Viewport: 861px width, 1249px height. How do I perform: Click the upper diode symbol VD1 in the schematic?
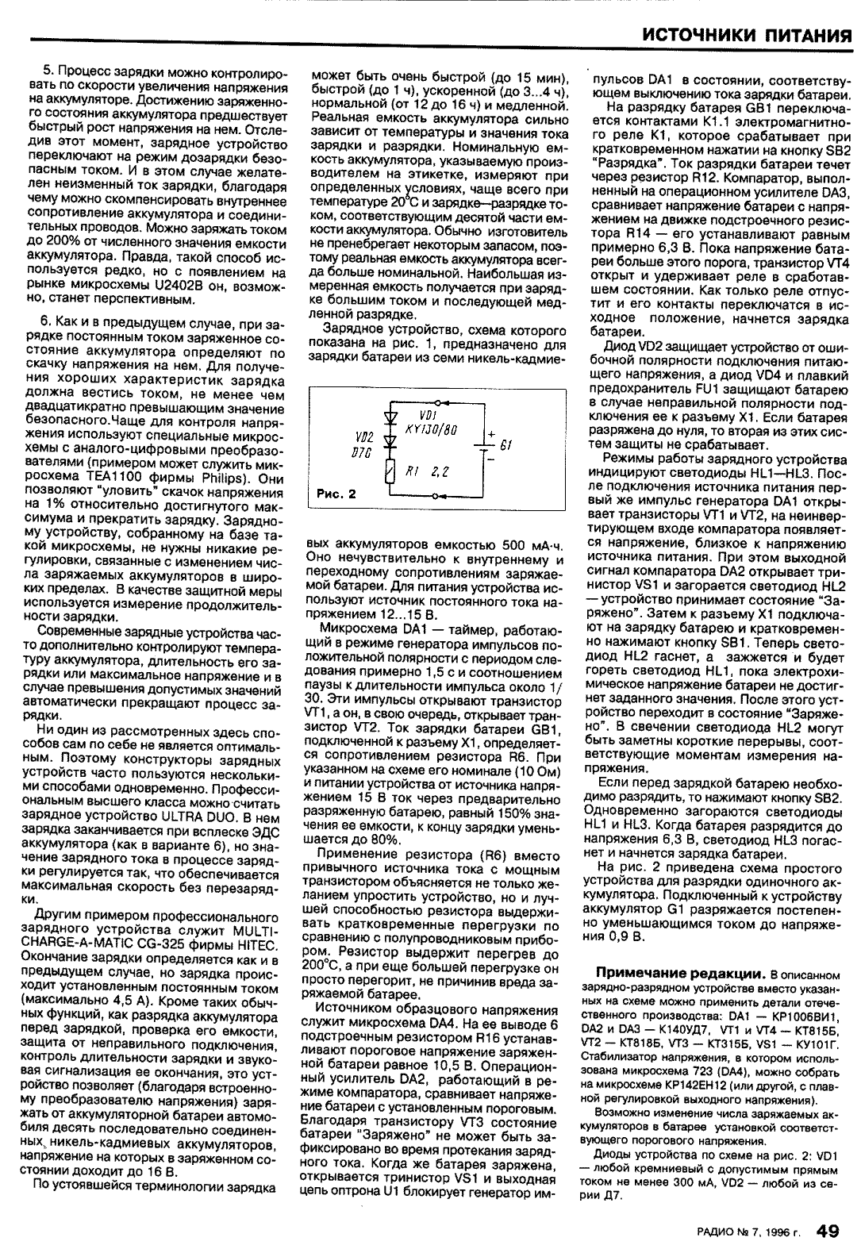[x=389, y=415]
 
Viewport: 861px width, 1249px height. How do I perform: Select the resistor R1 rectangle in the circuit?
[x=389, y=472]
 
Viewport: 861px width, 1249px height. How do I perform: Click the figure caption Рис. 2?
[x=336, y=494]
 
